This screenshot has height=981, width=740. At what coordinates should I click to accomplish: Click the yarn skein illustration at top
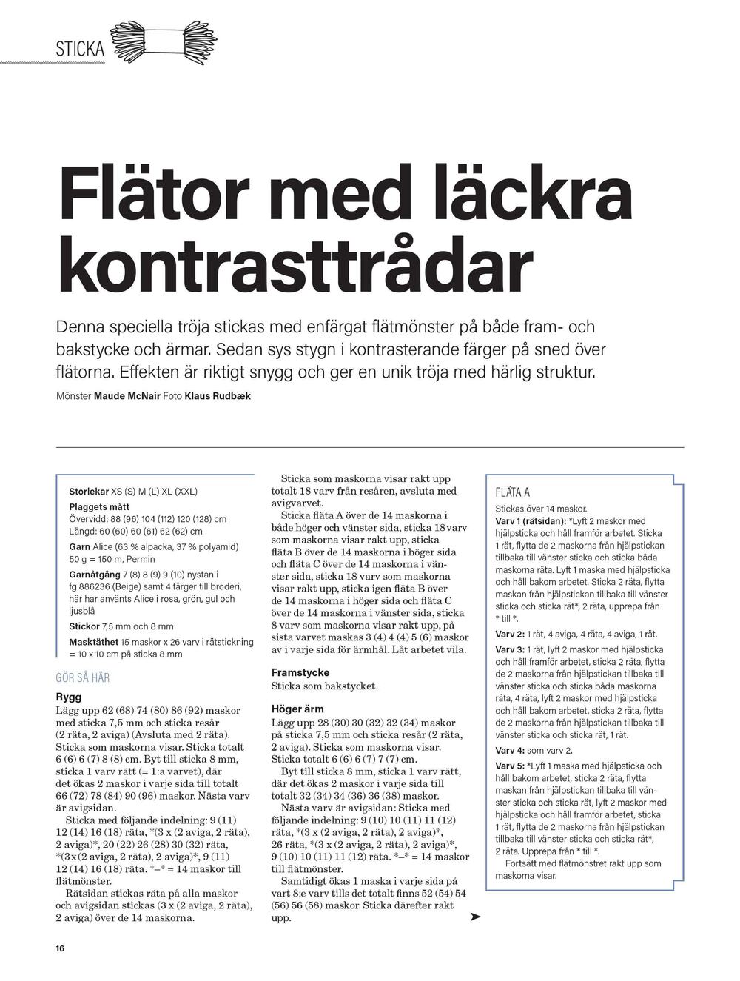click(164, 41)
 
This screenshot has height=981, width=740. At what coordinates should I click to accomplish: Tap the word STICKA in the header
click(80, 49)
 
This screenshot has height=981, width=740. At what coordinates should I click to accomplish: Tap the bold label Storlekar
click(89, 492)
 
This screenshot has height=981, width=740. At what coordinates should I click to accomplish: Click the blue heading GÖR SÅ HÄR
click(82, 677)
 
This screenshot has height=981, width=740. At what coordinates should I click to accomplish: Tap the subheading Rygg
click(69, 697)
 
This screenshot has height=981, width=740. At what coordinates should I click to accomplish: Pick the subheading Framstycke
click(300, 673)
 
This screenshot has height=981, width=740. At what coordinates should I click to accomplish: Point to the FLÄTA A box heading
click(512, 492)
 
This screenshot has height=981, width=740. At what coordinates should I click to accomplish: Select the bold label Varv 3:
click(510, 649)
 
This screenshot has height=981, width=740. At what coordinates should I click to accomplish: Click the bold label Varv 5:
click(510, 766)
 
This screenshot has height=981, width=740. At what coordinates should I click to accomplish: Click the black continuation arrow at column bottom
click(475, 917)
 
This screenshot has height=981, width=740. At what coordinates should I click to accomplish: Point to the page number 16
click(60, 948)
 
